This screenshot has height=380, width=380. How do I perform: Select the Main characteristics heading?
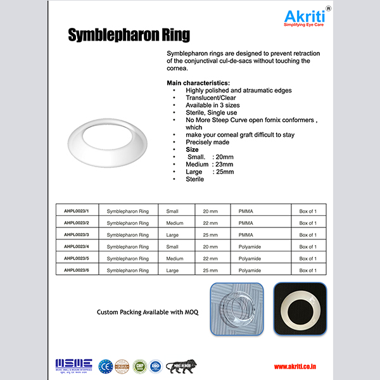pos(198,84)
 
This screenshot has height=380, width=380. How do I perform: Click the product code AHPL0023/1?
pos(76,211)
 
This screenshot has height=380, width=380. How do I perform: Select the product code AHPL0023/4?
pos(76,246)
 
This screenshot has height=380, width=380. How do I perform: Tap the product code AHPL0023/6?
pos(76,270)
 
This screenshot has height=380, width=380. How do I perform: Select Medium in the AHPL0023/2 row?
pos(175,223)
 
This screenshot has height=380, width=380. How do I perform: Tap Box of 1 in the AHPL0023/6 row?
pos(308,270)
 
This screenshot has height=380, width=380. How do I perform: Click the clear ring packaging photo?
pos(237,309)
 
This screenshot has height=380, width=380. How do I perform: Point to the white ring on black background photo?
pos(300,309)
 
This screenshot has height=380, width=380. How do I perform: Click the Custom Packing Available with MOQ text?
pos(148,312)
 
